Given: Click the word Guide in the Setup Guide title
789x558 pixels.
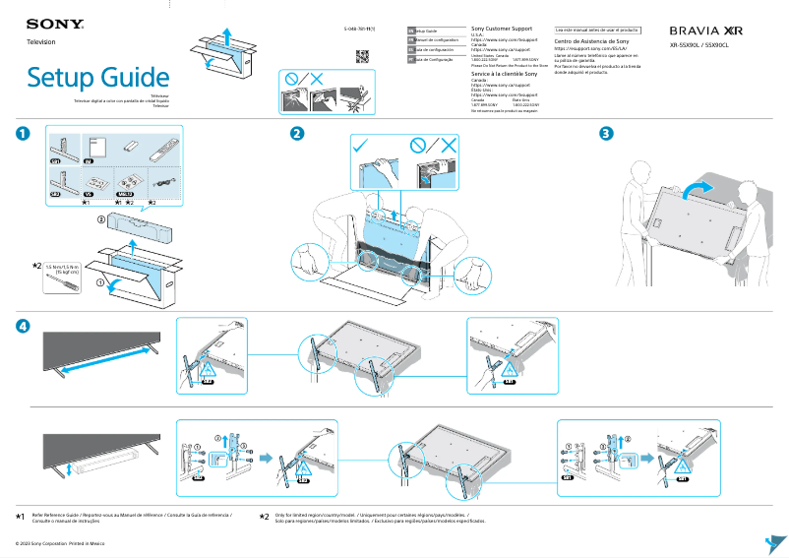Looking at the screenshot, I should (x=131, y=78).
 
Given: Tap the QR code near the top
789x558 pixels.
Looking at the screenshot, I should (x=362, y=54).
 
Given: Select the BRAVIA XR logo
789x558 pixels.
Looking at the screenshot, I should (x=705, y=31).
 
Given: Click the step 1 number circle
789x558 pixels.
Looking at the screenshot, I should (x=22, y=134).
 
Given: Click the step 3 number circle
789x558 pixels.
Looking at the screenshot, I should (x=607, y=134).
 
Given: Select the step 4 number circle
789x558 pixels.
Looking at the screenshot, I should (x=22, y=326).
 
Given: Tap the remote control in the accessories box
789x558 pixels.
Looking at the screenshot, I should (x=161, y=151).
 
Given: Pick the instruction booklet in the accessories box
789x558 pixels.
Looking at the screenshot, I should (x=90, y=148).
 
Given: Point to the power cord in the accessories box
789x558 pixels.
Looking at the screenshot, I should (x=159, y=182).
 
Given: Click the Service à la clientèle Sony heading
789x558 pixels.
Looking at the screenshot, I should (x=505, y=75).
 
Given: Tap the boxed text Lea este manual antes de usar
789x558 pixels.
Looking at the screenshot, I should (x=597, y=31).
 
